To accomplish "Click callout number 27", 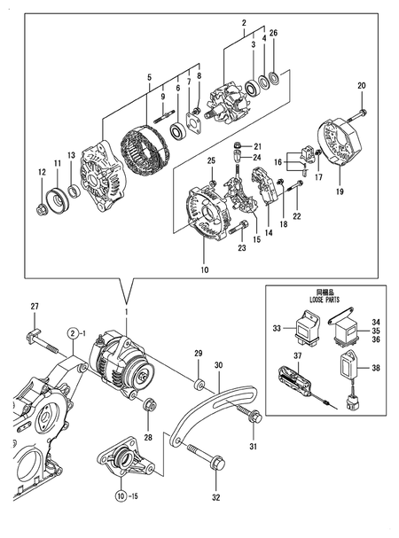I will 35,307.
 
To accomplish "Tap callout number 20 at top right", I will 361,85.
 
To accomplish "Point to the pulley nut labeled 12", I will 42,210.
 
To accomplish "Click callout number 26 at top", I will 274,34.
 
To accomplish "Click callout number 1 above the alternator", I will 126,315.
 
